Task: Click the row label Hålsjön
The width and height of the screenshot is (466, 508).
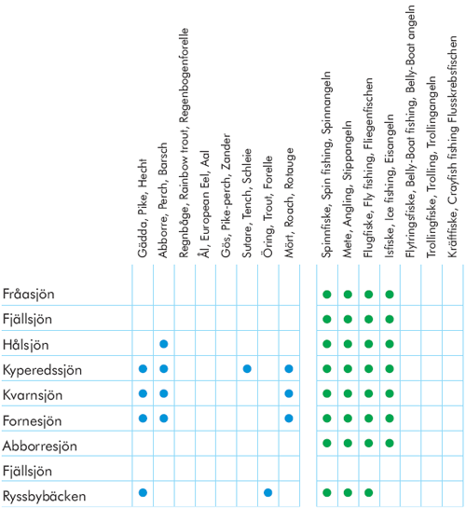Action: (x=25, y=345)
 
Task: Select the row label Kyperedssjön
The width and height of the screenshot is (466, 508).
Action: (x=42, y=370)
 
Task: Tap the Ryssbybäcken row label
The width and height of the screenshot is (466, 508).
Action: (x=45, y=496)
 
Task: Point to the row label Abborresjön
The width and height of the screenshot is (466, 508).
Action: (x=39, y=446)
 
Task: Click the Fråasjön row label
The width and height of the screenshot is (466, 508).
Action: (x=29, y=295)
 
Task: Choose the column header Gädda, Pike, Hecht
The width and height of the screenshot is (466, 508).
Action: (x=143, y=208)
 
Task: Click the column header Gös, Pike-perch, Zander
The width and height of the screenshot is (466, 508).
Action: (x=226, y=196)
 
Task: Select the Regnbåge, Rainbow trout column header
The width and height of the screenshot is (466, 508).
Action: (x=185, y=143)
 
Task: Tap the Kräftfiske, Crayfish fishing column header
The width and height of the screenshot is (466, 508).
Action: (x=453, y=146)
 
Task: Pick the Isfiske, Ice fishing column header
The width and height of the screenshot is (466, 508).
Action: (x=390, y=186)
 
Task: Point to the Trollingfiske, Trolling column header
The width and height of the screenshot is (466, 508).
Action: (x=432, y=167)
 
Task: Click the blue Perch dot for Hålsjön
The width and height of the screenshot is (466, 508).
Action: (x=164, y=344)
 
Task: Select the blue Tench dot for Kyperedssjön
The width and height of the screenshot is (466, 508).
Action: (x=247, y=369)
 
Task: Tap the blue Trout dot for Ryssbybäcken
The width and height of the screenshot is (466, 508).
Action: (x=267, y=493)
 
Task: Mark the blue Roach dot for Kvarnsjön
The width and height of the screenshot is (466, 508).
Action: (x=289, y=393)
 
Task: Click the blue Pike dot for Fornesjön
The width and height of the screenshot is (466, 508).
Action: (x=143, y=419)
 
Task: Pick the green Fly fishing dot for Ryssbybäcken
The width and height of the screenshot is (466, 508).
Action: (x=368, y=493)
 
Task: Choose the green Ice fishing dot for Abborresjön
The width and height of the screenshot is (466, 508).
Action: (x=390, y=443)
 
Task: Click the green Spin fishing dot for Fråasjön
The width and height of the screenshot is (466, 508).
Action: (x=327, y=295)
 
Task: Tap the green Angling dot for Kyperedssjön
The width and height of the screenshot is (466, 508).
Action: (x=348, y=369)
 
